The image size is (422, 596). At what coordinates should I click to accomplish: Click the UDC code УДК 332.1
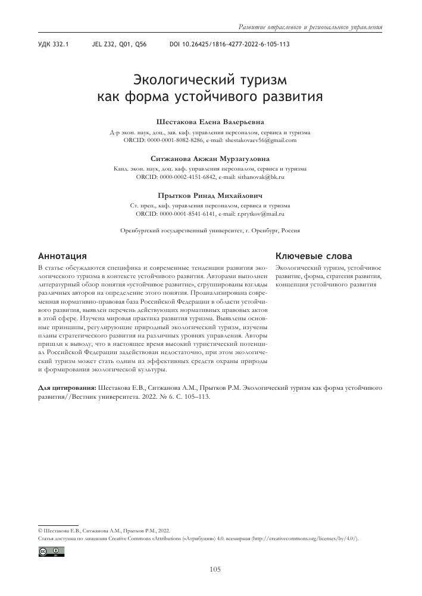[x=54, y=45]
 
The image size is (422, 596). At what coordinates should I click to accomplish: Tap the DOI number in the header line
[x=230, y=45]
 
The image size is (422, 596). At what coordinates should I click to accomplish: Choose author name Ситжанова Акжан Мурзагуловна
[x=210, y=159]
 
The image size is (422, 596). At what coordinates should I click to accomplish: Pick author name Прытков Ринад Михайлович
[x=210, y=195]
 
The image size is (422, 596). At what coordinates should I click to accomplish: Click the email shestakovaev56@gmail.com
[x=259, y=140]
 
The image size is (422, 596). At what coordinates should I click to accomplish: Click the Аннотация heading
[x=63, y=256]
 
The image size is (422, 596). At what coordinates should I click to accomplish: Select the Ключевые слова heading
[x=313, y=256]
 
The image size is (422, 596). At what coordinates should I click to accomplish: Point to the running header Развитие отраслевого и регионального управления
[x=310, y=27]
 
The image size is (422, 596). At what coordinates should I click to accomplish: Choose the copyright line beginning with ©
[x=104, y=529]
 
